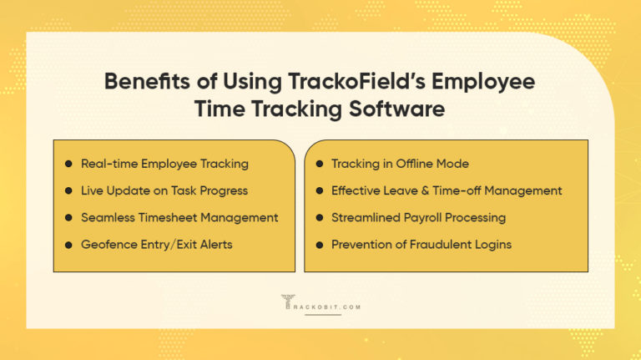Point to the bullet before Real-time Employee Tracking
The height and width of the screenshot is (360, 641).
point(68,164)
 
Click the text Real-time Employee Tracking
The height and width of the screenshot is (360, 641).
point(164,164)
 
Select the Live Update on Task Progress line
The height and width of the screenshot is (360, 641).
point(164,190)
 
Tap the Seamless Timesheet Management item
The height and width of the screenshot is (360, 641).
point(179,217)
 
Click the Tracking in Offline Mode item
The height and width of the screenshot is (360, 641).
point(400,164)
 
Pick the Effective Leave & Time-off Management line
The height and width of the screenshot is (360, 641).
point(447,190)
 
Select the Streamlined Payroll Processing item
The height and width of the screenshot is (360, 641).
point(418,217)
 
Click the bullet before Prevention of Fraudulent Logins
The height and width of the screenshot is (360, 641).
point(319,244)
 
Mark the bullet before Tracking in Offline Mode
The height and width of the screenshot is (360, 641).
point(319,164)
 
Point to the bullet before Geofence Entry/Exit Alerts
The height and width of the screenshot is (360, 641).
point(68,244)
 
